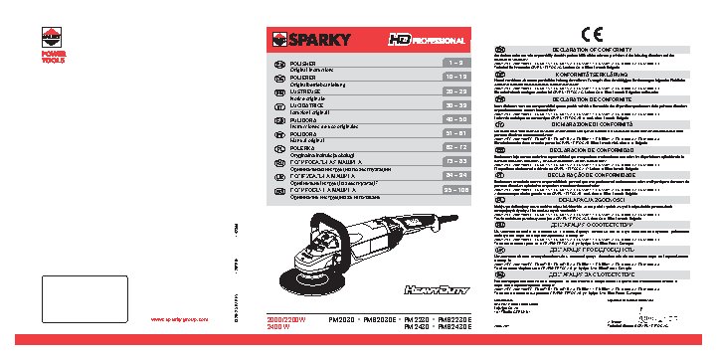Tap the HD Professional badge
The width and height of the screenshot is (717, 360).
[424, 40]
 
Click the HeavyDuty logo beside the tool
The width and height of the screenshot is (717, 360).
[426, 290]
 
